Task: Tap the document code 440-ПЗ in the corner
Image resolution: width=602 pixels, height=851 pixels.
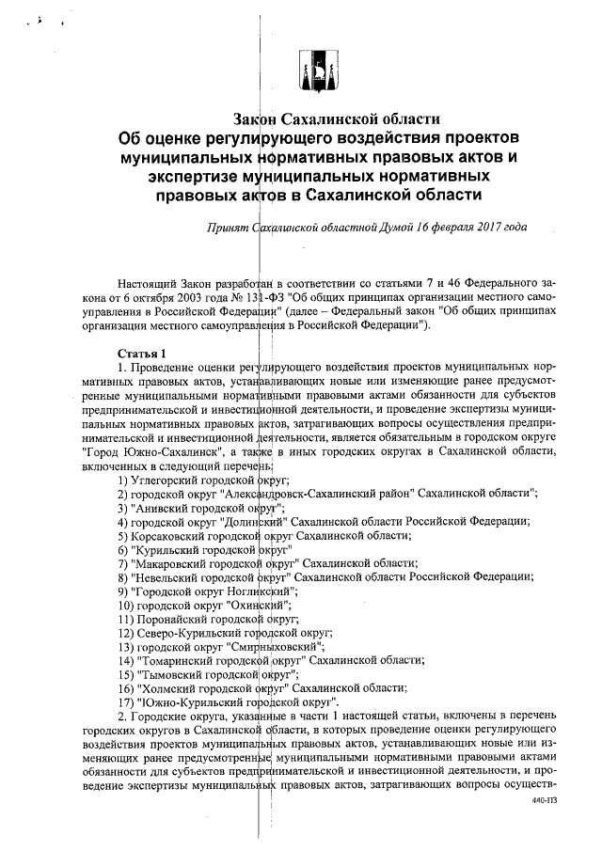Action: point(545,808)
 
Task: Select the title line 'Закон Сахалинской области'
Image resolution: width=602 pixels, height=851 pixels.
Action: point(337,119)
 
